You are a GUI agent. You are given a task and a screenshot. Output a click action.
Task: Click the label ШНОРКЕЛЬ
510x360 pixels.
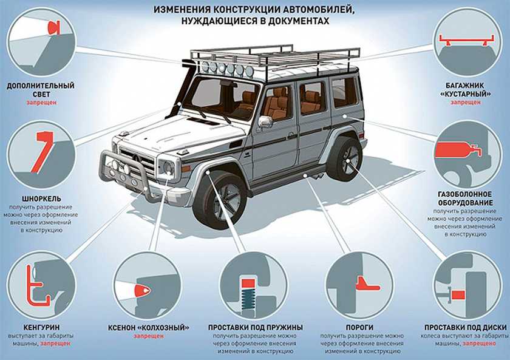coord(42,199)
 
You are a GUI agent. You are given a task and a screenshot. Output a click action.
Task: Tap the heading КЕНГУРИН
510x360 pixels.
coord(42,327)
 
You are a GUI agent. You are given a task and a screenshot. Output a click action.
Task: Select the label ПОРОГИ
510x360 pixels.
coord(359,327)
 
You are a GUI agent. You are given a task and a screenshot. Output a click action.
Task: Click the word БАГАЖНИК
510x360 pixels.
coord(465,86)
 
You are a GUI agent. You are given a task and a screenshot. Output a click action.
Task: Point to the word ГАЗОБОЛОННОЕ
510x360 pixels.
coord(465,194)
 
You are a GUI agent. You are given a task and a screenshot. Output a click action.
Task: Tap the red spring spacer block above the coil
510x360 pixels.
coord(248,283)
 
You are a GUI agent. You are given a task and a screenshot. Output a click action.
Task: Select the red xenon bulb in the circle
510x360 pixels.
coord(142,290)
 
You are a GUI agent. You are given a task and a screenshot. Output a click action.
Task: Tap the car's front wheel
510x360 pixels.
coord(220,199)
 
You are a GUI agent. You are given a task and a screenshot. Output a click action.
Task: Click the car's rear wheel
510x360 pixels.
coord(345,160)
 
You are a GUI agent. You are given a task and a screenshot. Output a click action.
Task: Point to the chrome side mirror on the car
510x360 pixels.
coord(265,121)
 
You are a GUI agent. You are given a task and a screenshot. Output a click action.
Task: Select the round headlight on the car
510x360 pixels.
coord(168,168)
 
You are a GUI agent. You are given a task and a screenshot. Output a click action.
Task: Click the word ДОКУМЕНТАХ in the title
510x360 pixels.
coord(291,21)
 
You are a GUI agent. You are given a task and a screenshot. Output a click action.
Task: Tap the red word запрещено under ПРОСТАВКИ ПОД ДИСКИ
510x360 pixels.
coord(479,344)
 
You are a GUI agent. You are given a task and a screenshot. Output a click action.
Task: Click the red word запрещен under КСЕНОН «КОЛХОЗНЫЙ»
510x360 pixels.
coord(148,336)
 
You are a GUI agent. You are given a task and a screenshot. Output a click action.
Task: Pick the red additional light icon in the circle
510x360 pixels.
coord(53,28)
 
